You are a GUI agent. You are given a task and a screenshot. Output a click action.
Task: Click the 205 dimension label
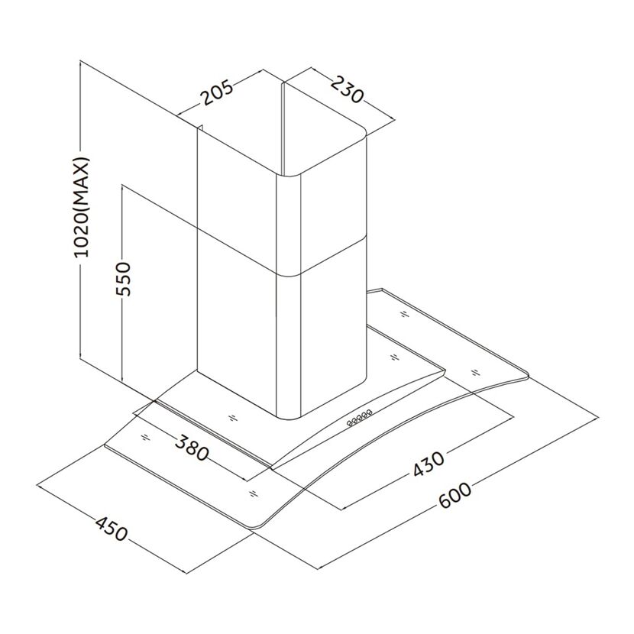[x=218, y=92]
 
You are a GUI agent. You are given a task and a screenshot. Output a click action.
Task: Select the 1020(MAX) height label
[x=80, y=207]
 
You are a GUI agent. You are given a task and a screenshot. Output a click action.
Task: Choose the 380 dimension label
[x=192, y=448]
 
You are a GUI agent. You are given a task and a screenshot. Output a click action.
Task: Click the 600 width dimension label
[x=455, y=495]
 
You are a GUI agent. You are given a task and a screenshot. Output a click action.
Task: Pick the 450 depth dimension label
[x=112, y=529]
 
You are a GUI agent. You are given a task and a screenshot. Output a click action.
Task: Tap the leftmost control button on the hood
[x=350, y=423]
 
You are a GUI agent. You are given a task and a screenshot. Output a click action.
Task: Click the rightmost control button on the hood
[x=369, y=413]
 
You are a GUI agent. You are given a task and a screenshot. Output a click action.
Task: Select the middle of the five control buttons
[x=359, y=419]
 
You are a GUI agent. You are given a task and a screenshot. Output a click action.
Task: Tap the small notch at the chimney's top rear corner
[x=199, y=128]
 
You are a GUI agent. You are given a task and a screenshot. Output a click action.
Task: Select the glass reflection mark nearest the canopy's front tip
[x=253, y=493]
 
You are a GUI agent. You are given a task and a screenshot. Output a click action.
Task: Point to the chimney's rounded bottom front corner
[x=289, y=416]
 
